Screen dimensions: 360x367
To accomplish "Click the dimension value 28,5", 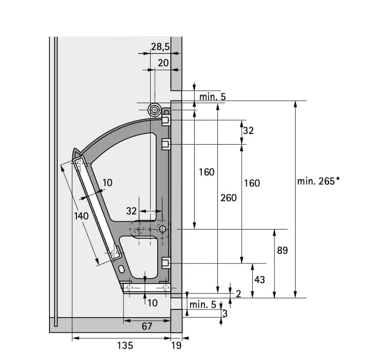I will [x=160, y=48].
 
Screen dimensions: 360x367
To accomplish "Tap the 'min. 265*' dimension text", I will [x=318, y=181].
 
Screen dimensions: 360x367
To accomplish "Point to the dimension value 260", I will [x=228, y=198].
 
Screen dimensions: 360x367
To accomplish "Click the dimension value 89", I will [x=282, y=250].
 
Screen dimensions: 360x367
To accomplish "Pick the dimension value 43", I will [x=259, y=279].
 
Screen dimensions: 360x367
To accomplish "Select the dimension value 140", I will [x=81, y=216].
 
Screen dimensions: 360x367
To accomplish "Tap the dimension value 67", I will [x=147, y=326].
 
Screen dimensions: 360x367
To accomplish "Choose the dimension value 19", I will [x=176, y=345].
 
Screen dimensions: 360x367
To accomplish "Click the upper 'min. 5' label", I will [x=212, y=96].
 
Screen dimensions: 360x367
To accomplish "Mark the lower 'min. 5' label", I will [x=202, y=304].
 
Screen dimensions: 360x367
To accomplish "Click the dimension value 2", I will [x=238, y=294].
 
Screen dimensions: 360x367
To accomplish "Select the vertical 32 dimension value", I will [x=248, y=130].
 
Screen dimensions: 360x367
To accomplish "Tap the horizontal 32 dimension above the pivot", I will [x=131, y=211].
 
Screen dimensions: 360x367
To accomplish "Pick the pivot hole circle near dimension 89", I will [x=162, y=230].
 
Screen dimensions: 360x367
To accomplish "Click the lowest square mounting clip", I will [x=165, y=262].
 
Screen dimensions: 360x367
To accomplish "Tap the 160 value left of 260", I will [x=206, y=172].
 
